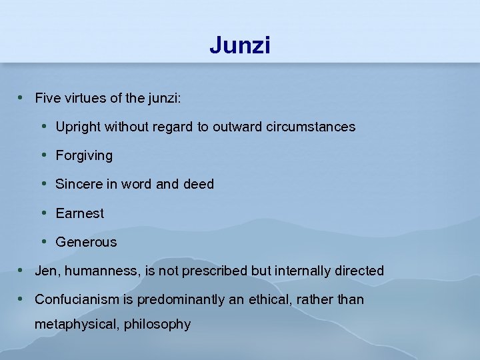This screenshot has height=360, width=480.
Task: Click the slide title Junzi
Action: (x=239, y=45)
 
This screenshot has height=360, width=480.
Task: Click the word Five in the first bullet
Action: (x=47, y=98)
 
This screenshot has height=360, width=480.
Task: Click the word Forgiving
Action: (x=84, y=156)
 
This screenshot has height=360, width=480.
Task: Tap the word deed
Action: (x=199, y=184)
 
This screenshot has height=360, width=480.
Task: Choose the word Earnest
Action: (x=80, y=213)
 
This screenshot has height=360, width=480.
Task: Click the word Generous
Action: (x=86, y=242)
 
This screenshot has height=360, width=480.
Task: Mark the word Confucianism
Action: (x=75, y=299)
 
